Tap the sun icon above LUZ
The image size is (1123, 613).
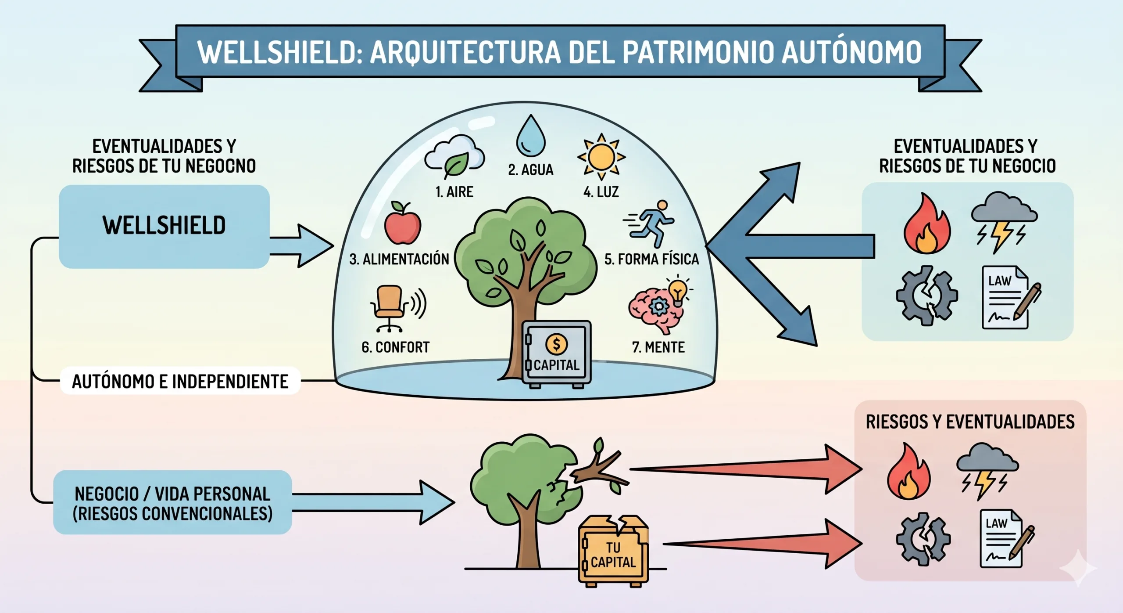click(601, 157)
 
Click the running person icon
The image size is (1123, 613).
click(651, 223)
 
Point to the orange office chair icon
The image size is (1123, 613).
click(389, 307)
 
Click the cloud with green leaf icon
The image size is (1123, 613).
click(454, 156)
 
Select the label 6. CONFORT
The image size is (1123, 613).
click(395, 347)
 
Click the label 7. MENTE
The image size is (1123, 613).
click(658, 347)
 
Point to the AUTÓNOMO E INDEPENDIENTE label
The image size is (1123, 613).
click(180, 381)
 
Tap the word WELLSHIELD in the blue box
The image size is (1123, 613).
click(164, 225)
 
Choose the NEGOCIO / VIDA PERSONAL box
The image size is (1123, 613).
click(172, 503)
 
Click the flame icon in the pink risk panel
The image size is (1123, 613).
click(908, 472)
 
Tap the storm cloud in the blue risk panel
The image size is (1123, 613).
click(1003, 220)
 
